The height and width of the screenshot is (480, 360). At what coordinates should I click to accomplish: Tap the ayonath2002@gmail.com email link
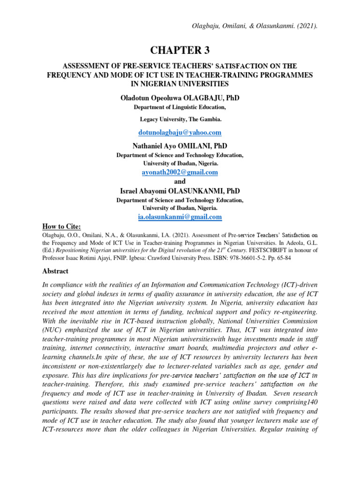[x=180, y=172]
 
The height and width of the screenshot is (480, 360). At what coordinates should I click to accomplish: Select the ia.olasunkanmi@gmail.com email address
[x=180, y=217]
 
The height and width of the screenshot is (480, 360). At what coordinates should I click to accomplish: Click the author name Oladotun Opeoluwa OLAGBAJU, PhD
[x=180, y=97]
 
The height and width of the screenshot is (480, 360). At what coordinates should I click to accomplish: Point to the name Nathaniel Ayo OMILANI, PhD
[x=180, y=146]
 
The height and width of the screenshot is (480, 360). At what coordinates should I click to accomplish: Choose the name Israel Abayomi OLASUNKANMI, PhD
[x=180, y=191]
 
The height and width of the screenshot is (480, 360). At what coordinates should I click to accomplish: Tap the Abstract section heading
[x=56, y=271]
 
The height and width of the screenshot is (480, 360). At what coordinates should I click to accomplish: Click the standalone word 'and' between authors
[x=180, y=181]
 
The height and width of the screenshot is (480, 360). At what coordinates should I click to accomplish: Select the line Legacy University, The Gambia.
[x=180, y=120]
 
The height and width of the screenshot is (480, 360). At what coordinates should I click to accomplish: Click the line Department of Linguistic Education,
[x=180, y=107]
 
